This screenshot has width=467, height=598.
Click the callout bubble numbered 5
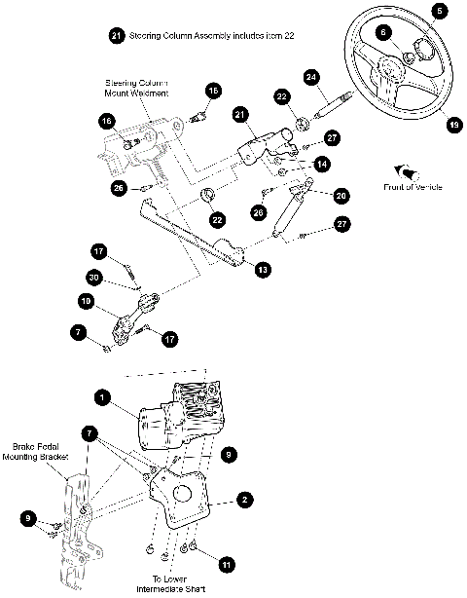click(x=441, y=12)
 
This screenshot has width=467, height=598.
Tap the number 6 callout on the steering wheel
click(x=384, y=32)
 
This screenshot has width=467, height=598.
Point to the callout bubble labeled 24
click(x=311, y=76)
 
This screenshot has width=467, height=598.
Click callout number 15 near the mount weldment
click(x=213, y=91)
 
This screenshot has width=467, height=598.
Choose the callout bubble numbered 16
click(x=107, y=121)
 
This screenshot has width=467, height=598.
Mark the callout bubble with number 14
click(x=320, y=166)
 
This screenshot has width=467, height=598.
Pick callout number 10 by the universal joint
click(x=88, y=303)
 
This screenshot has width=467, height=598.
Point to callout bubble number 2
click(x=246, y=499)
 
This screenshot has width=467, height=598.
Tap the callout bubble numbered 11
click(x=226, y=564)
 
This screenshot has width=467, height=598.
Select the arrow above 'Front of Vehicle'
click(x=399, y=169)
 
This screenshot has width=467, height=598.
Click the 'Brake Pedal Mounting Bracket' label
click(x=40, y=453)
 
